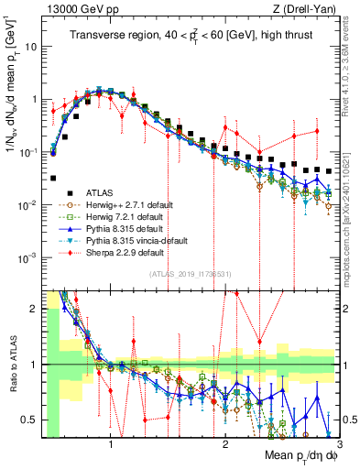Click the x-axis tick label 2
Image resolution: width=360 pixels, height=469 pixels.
pyautogui.click(x=225, y=443)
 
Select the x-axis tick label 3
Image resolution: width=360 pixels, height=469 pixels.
pyautogui.click(x=338, y=443)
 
